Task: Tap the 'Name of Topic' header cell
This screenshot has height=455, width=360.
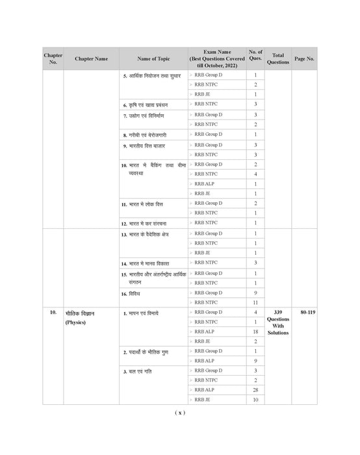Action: (153, 58)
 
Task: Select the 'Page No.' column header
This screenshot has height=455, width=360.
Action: (304, 58)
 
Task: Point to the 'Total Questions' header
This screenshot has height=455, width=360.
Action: (277, 58)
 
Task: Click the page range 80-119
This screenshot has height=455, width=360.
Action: (304, 313)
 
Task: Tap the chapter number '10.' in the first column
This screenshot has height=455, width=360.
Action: (53, 313)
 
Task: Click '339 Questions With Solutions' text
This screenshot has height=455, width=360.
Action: (277, 322)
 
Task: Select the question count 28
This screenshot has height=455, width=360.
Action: (255, 389)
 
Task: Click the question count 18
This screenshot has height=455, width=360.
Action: (255, 331)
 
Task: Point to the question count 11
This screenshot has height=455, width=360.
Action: (255, 302)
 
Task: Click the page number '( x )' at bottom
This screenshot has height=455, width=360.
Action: (180, 413)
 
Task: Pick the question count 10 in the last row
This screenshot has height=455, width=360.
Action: (255, 399)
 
